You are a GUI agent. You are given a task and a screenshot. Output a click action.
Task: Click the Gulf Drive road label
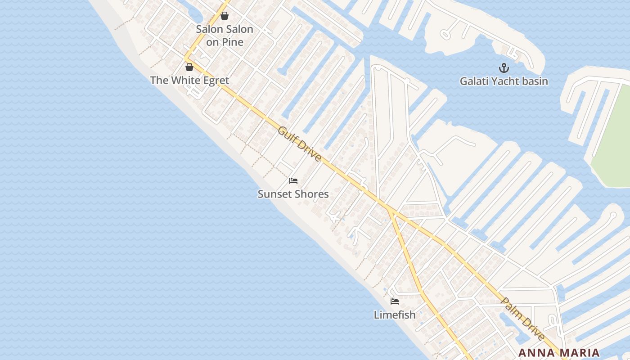tap(300, 144)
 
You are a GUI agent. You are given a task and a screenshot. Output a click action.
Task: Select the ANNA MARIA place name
tap(559, 353)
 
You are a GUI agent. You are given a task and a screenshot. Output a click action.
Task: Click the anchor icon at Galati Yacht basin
tap(504, 68)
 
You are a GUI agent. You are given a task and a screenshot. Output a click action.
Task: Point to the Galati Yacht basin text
tap(504, 81)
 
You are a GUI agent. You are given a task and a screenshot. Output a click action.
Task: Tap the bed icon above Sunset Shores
tap(293, 181)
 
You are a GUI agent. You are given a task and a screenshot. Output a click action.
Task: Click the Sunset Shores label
tap(293, 194)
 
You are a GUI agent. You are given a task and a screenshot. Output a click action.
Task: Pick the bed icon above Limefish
tap(395, 301)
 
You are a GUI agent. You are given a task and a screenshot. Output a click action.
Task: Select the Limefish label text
tap(395, 315)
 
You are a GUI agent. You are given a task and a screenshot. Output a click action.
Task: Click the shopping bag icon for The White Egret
tap(189, 67)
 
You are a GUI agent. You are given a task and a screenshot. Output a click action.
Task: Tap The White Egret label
tap(189, 81)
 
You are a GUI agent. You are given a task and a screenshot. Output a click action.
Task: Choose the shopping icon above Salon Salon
tap(225, 16)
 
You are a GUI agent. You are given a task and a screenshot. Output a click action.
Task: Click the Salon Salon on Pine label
tap(225, 36)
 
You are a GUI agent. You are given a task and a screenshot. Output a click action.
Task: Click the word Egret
tap(214, 81)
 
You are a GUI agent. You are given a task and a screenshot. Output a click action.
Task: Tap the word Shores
tap(313, 194)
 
